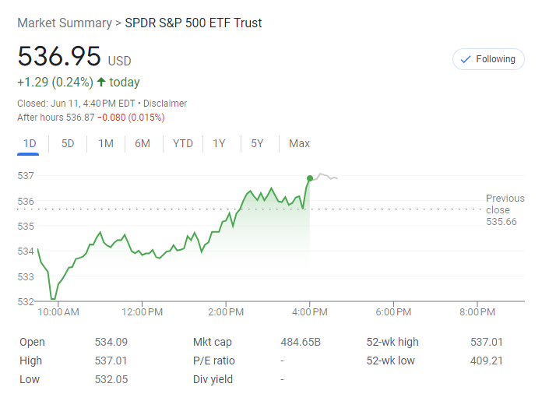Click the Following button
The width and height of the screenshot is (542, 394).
click(488, 59)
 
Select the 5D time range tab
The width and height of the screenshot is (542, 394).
click(68, 143)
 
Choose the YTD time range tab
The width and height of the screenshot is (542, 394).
click(183, 143)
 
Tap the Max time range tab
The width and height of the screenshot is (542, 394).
click(299, 143)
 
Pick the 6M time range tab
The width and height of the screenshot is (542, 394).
click(143, 143)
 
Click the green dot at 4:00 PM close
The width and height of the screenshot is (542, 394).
click(310, 178)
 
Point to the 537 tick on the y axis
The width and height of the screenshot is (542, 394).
click(26, 176)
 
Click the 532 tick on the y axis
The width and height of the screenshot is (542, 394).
click(26, 301)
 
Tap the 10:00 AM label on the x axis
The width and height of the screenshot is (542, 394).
click(59, 312)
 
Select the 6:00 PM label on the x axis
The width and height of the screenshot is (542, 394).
click(393, 312)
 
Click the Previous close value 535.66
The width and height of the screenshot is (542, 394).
click(502, 222)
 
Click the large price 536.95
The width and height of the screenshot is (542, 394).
click(59, 57)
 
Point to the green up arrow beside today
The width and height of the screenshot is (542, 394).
click(101, 82)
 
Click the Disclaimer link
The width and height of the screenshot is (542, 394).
click(165, 104)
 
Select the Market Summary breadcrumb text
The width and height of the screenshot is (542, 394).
click(64, 23)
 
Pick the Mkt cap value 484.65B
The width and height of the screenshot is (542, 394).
click(301, 342)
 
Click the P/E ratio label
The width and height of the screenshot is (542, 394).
click(214, 361)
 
